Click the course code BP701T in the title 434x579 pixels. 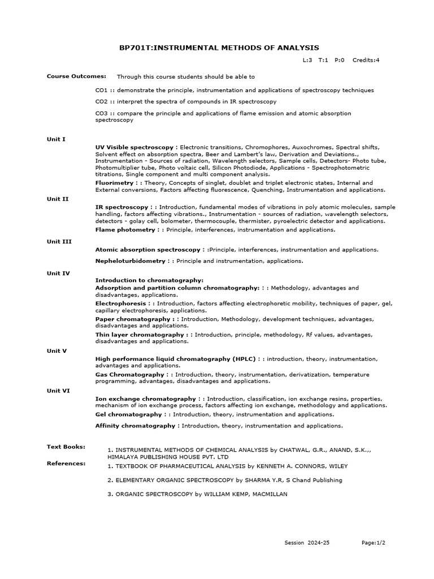coord(136,48)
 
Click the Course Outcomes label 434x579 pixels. coord(68,76)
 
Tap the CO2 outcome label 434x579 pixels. coord(101,102)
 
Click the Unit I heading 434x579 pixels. coord(56,139)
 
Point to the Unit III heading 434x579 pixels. coord(59,241)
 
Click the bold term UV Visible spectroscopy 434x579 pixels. coord(136,147)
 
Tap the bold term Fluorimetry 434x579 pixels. coord(114,183)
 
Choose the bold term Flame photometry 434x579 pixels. coord(125,230)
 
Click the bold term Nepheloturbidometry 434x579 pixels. coord(131,261)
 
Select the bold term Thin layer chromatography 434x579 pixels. coord(140,335)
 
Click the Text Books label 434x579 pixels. coord(66,447)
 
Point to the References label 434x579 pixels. coord(66,464)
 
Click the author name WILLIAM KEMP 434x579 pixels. coord(227,494)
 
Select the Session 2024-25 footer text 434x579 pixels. coord(307,543)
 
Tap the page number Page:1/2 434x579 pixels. coord(374,543)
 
